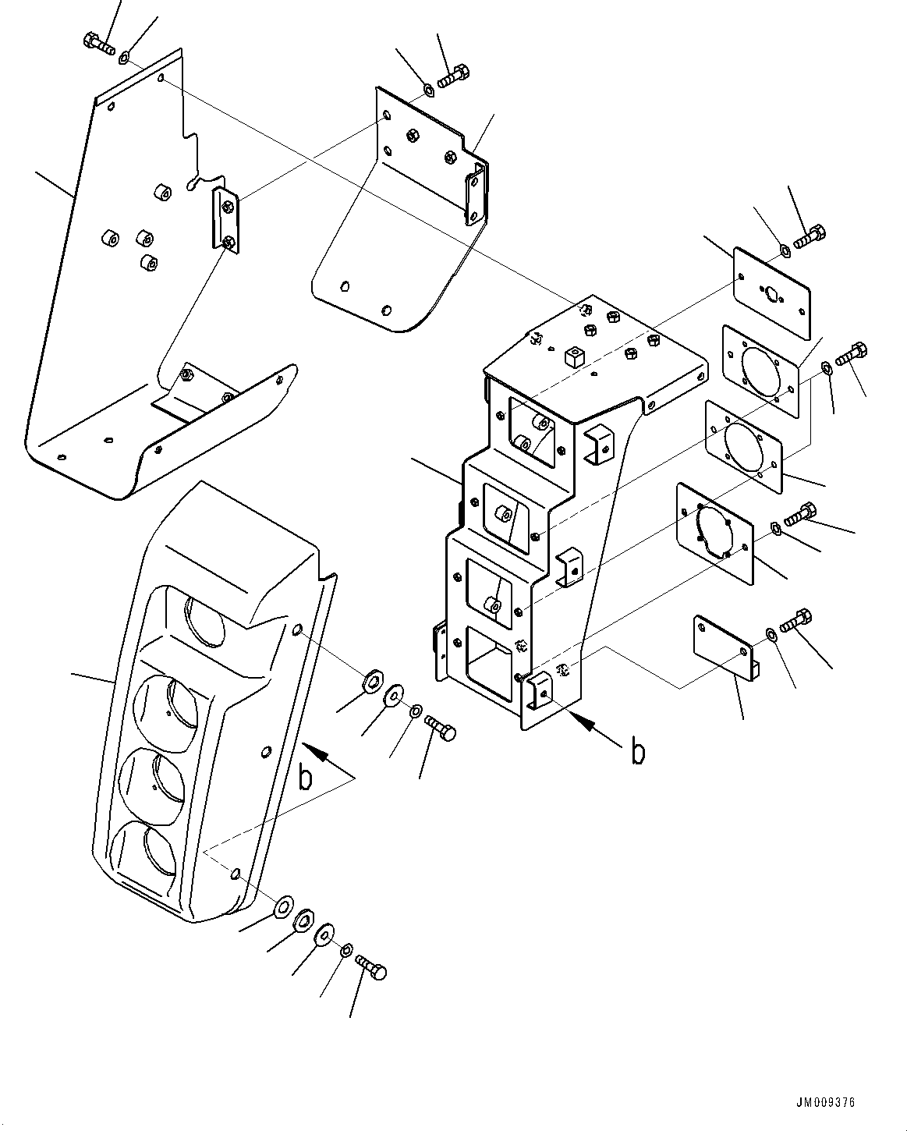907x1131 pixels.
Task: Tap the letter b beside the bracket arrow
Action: tap(638, 752)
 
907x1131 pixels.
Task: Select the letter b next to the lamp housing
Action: tap(306, 777)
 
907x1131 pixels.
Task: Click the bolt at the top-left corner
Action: tap(98, 42)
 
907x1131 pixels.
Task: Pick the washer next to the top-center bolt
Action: tap(428, 91)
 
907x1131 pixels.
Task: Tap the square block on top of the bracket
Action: tap(576, 358)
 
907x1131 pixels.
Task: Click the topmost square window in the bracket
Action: tap(533, 431)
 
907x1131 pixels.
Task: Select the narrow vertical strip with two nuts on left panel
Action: tap(226, 220)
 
